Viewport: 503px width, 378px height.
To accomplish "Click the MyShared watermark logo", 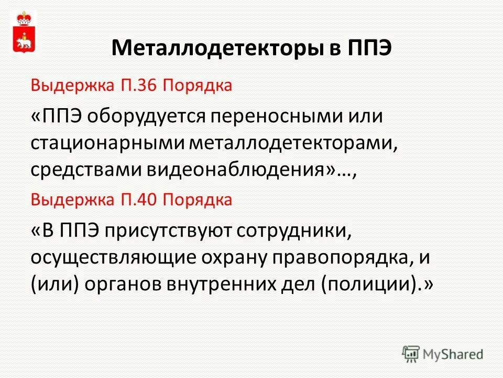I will click(x=443, y=353).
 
